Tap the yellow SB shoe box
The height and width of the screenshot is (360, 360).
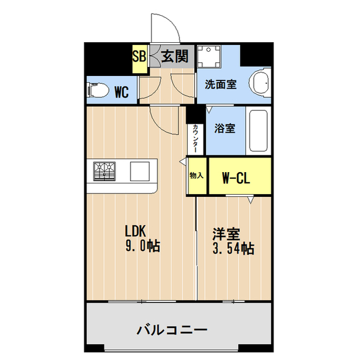[139, 58]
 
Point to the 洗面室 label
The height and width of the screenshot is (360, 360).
[220, 85]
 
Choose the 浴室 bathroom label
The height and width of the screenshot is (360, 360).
[224, 128]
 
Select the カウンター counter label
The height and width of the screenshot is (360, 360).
[195, 138]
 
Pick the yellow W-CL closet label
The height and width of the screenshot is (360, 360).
[236, 179]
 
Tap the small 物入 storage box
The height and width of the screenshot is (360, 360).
[196, 177]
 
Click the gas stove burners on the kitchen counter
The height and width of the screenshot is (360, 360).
[103, 170]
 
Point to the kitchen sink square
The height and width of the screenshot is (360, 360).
[139, 170]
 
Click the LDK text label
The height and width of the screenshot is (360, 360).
[136, 231]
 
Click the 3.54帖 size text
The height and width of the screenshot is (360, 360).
[233, 248]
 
